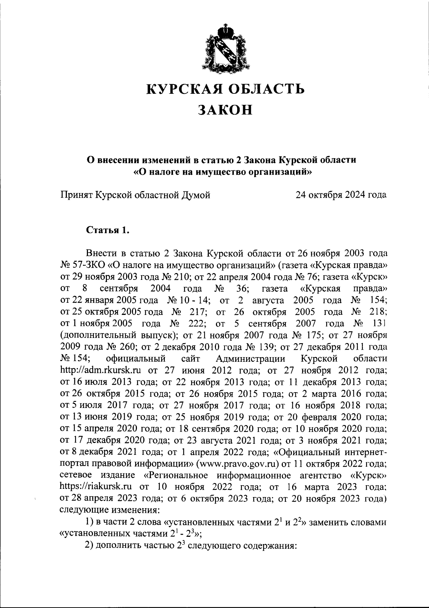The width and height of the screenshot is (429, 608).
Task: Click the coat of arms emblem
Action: click(x=227, y=47)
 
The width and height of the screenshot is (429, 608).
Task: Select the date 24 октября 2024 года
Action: click(x=341, y=195)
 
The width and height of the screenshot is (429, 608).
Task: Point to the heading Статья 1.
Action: click(x=108, y=230)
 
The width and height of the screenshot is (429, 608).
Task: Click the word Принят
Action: click(x=76, y=195)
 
